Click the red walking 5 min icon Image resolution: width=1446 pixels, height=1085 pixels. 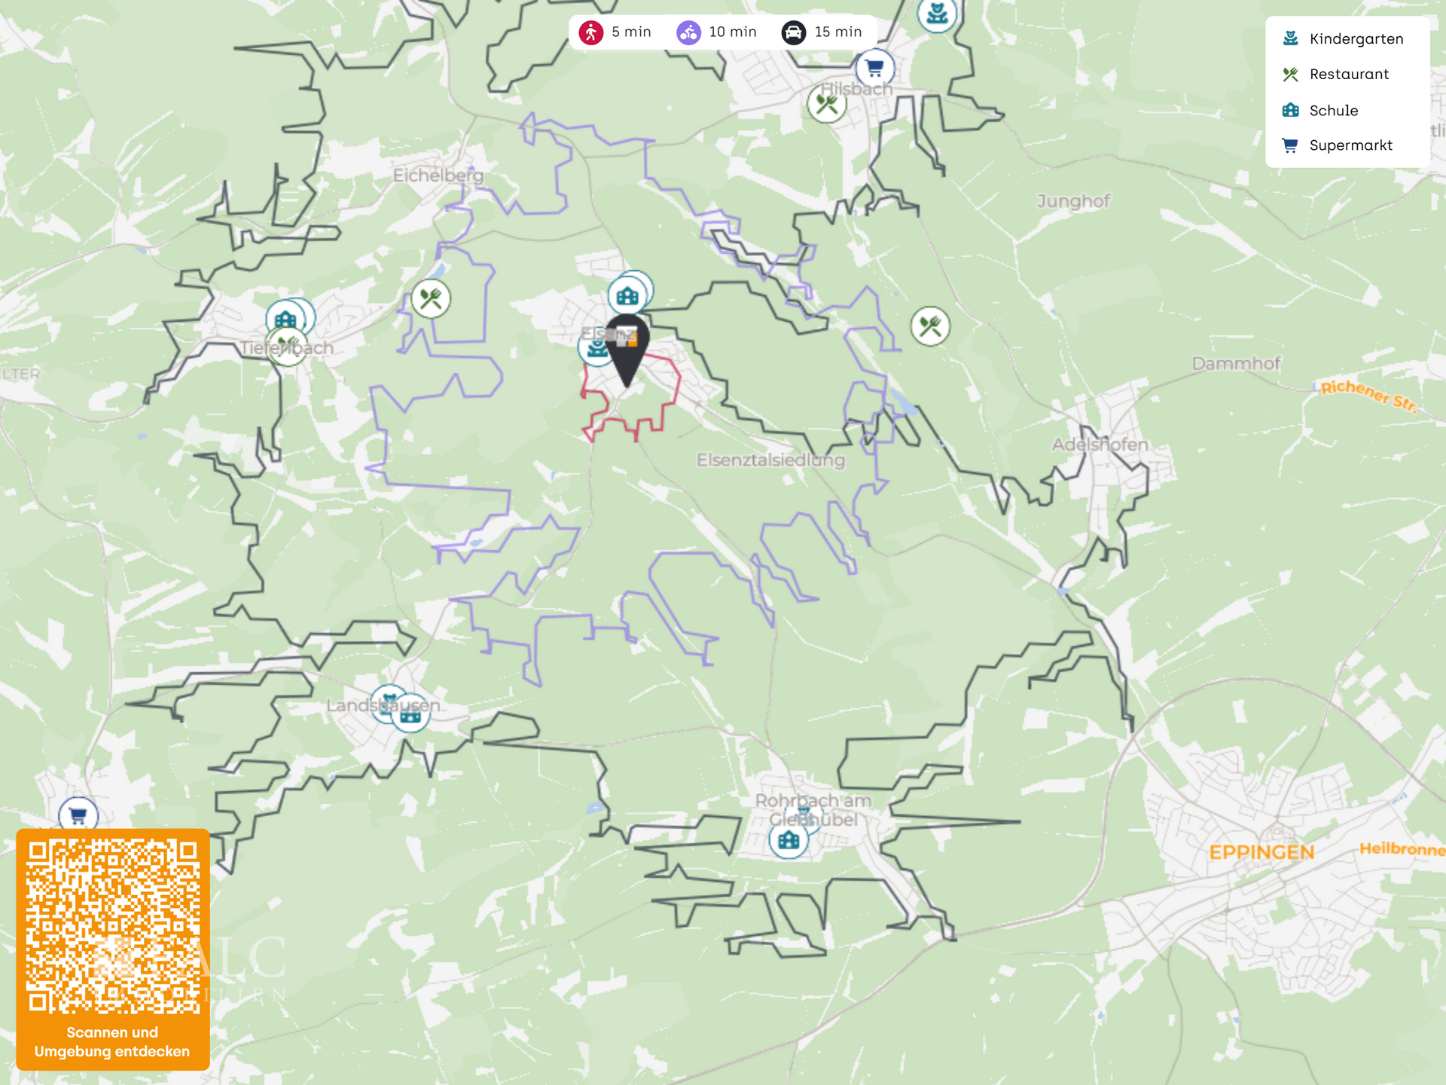point(591,32)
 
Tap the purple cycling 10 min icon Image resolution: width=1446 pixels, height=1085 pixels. point(688,32)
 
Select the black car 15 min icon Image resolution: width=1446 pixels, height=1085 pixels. point(794,32)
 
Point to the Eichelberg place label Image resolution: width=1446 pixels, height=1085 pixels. point(438,175)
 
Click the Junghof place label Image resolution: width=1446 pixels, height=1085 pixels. point(1073,201)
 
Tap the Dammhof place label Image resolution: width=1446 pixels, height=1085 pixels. point(1236,364)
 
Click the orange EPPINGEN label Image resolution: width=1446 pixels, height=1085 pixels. point(1261,852)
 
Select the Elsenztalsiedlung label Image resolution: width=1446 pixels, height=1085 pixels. point(770,460)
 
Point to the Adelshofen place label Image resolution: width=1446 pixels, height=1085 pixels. point(1100,445)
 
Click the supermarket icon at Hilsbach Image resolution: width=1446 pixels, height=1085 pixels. point(874,68)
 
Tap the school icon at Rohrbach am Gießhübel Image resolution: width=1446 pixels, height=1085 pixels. point(789,839)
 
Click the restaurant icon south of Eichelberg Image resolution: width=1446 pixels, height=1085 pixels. point(431,299)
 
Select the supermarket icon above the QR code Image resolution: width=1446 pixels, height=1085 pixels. point(78,815)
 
